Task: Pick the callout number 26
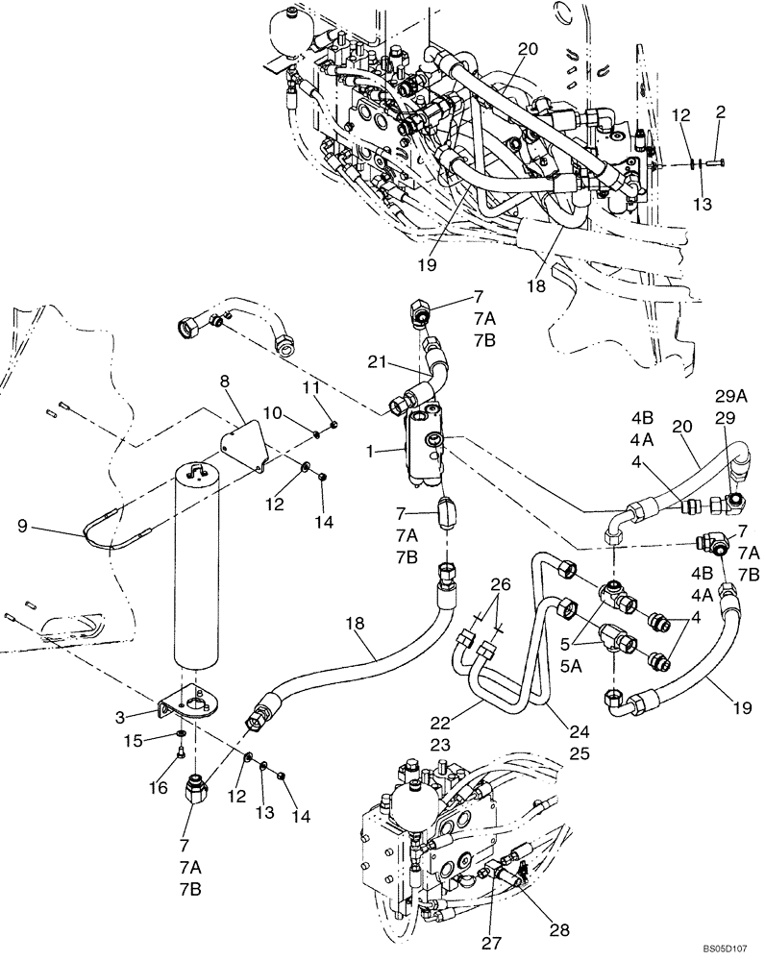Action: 499,584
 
